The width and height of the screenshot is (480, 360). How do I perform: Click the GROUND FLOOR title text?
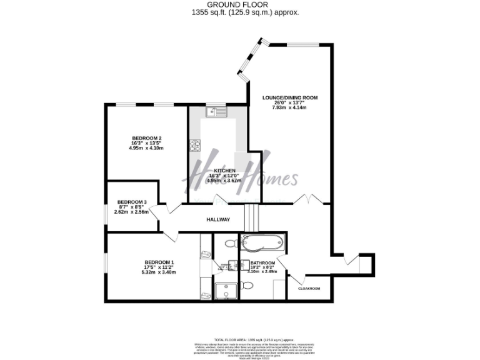pyautogui.click(x=239, y=4)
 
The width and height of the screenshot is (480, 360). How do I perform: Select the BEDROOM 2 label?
pyautogui.click(x=147, y=137)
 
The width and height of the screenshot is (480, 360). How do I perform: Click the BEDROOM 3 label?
pyautogui.click(x=132, y=202)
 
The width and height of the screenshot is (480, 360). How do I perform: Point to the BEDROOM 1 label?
pyautogui.click(x=159, y=262)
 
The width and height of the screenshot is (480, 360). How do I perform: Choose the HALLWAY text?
pyautogui.click(x=219, y=219)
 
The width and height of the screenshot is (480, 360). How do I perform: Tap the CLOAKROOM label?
pyautogui.click(x=309, y=289)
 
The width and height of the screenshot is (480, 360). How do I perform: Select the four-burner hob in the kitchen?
pyautogui.click(x=195, y=146)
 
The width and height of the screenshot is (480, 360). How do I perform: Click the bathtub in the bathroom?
pyautogui.click(x=262, y=242)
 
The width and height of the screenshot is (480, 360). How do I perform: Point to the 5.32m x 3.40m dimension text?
pyautogui.click(x=159, y=272)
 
